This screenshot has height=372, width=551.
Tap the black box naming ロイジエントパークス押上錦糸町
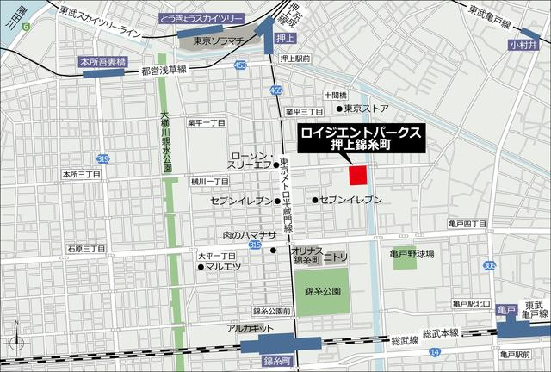(359, 139)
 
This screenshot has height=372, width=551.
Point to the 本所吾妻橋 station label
(102, 62)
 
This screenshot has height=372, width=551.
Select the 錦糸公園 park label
(322, 292)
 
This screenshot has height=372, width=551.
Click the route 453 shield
(239, 65)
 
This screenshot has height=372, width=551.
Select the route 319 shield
(103, 159)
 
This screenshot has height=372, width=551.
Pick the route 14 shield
(435, 351)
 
